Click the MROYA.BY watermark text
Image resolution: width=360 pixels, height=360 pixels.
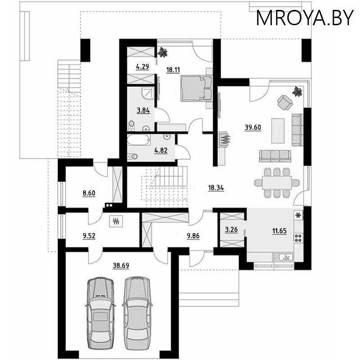pos(305,18)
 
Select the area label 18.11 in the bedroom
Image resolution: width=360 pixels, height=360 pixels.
pos(173,70)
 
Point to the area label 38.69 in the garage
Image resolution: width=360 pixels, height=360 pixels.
pos(121,265)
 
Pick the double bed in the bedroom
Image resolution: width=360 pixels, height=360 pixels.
pos(196,87)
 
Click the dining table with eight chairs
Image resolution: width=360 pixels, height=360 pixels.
pos(276,182)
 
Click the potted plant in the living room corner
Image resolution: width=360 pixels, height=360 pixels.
pos(297,92)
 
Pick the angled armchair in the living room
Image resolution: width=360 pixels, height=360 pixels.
pos(284,103)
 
